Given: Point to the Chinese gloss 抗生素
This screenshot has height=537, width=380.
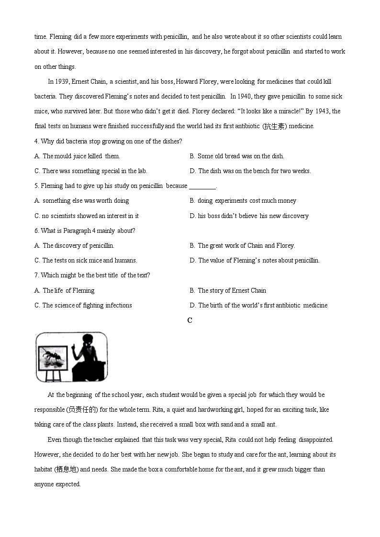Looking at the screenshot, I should (x=275, y=126).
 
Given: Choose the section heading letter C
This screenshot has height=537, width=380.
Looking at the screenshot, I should (x=190, y=320).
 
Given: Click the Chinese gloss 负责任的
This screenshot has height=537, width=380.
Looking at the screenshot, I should (x=83, y=409).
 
